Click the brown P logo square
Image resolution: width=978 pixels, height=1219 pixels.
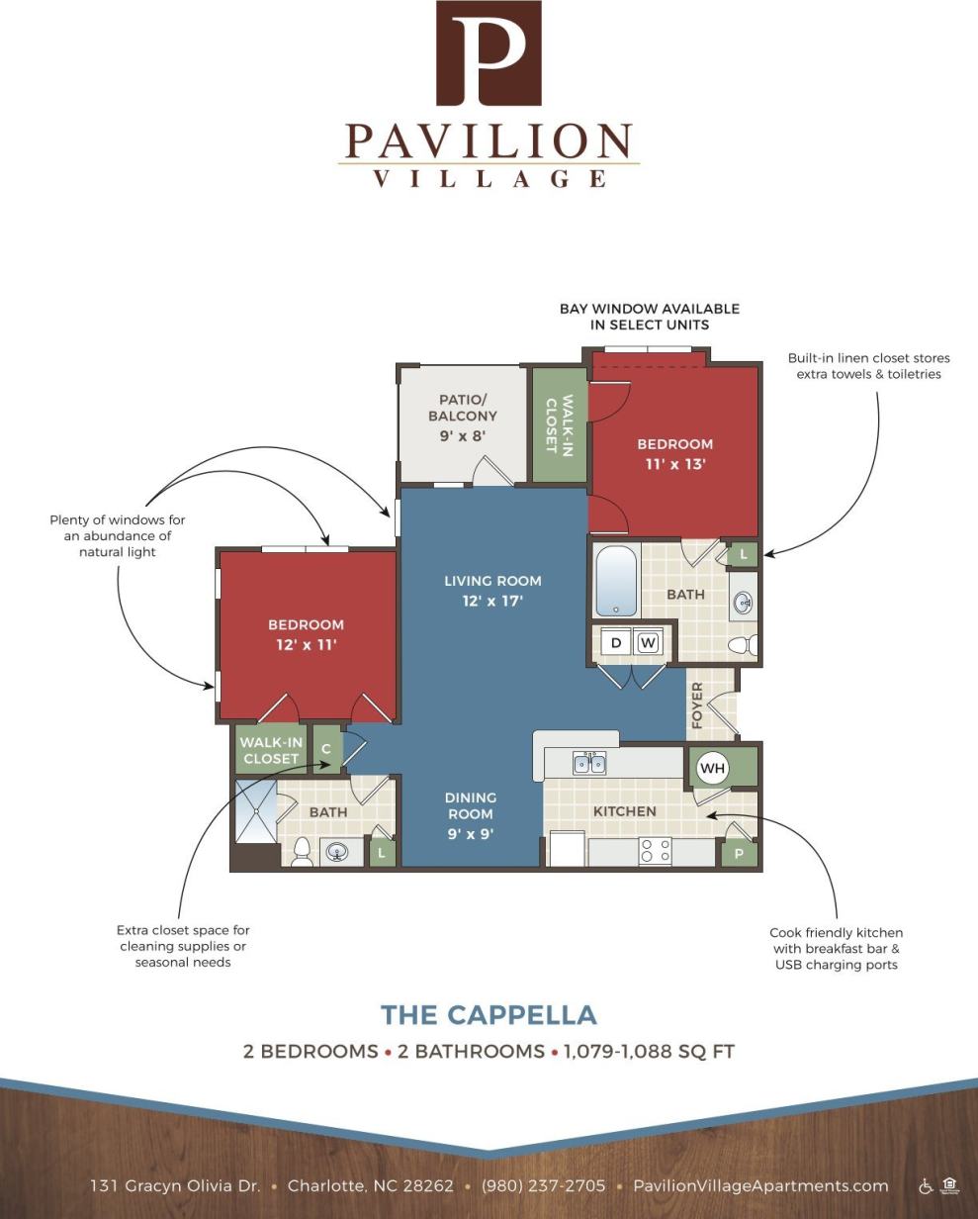489,53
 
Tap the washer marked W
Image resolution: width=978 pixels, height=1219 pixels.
648,642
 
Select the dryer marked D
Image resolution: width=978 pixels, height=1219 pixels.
616,642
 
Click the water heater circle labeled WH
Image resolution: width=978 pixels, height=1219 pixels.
713,768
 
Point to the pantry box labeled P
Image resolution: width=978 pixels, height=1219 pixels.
739,853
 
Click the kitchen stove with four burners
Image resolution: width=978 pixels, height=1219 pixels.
655,851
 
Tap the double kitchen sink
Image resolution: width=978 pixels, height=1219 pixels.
589,763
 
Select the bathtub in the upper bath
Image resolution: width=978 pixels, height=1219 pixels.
616,581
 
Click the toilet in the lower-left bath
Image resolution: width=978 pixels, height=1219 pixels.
303,852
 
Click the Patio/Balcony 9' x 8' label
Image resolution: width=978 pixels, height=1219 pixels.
463,418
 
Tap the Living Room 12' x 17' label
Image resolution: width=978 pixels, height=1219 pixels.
492,591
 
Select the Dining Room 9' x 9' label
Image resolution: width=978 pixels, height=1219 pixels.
471,815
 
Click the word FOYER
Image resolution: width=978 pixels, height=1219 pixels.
697,704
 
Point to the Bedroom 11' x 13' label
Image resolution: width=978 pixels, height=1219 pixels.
674,454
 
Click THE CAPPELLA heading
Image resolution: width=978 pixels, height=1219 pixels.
489,1015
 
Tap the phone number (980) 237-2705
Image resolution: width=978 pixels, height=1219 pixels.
543,1185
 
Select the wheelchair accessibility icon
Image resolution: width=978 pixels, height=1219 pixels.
926,1185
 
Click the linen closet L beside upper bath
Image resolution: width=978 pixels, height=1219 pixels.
744,554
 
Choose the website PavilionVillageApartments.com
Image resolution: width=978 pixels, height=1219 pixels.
760,1185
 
